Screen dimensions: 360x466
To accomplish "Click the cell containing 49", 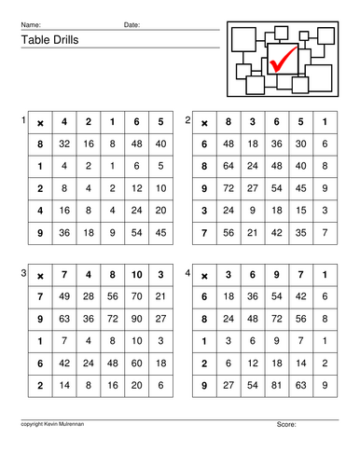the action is coord(64,296).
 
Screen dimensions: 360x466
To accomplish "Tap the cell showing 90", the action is coord(137,318).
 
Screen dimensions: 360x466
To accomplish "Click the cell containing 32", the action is coord(64,144).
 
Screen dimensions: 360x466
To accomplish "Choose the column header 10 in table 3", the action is coord(137,275).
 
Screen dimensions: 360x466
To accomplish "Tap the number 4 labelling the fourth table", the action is coord(188,272).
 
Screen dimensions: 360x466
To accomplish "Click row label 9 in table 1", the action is coord(40,233).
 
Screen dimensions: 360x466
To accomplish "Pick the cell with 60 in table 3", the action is coord(137,362).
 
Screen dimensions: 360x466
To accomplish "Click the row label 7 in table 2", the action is coord(204,233).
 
